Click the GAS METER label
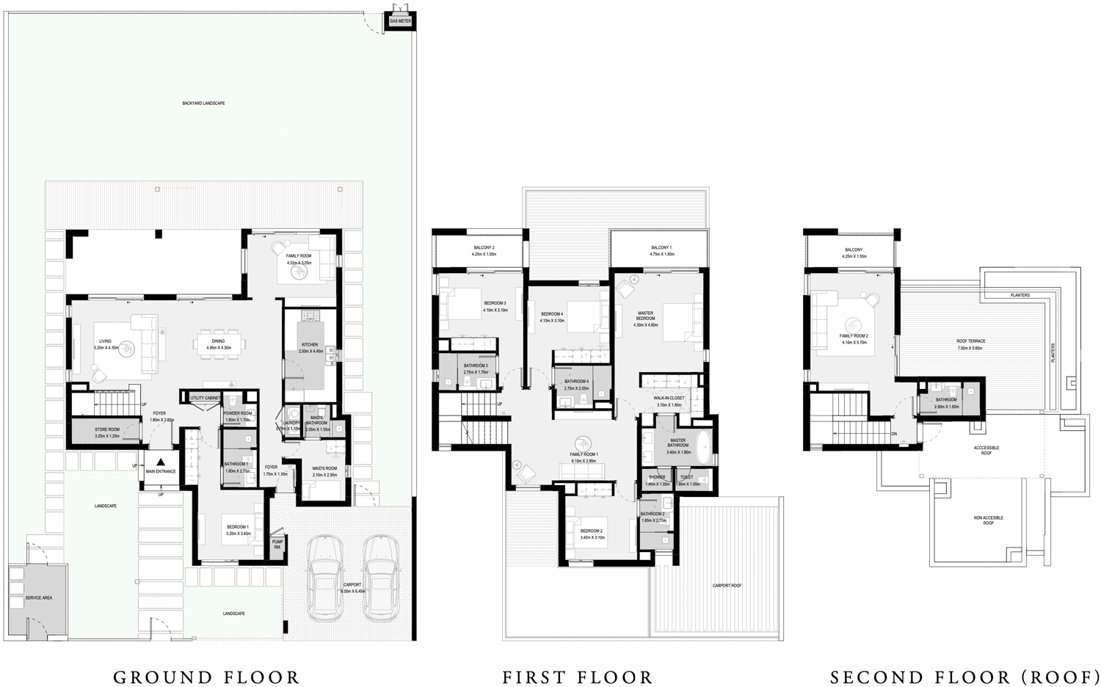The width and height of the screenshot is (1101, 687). click(x=401, y=21)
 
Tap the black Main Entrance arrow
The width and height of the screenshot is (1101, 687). click(x=161, y=463)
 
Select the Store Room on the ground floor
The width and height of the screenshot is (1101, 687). click(x=106, y=432)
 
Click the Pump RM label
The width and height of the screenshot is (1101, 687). click(x=277, y=545)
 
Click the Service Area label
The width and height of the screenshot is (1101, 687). click(x=38, y=598)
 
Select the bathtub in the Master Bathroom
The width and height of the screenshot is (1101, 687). click(x=702, y=448)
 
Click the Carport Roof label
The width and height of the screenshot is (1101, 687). click(x=727, y=586)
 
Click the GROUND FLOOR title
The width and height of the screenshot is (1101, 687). click(x=206, y=677)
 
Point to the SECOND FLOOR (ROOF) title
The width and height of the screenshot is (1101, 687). click(x=964, y=677)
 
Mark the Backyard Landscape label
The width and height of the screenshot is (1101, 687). click(x=203, y=103)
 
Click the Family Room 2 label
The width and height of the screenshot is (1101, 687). click(x=854, y=338)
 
